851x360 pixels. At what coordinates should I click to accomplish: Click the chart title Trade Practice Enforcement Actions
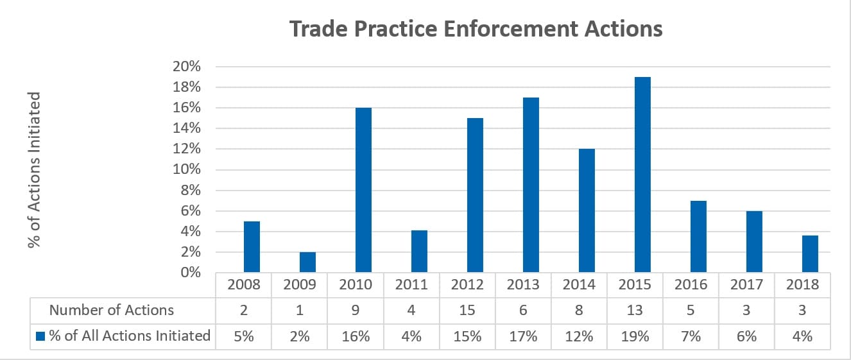pos(476,29)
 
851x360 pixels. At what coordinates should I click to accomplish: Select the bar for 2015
pos(643,175)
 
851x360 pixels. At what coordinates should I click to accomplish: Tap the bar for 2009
pos(307,262)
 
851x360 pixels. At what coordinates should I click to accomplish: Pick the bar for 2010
pos(364,190)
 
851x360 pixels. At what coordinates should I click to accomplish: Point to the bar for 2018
pos(811,253)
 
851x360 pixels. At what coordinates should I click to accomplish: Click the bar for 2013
pos(531,185)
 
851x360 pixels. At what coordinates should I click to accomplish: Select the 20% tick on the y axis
pos(187,67)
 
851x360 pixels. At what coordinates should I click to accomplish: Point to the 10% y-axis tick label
pos(187,169)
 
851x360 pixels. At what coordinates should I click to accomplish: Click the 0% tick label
pos(191,272)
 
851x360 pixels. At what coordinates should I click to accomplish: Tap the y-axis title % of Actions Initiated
pos(34,170)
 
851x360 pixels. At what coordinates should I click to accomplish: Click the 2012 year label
pos(467,284)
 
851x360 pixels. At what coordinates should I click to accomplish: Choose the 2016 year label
pos(691,284)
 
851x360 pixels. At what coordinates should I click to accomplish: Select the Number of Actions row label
pos(111,310)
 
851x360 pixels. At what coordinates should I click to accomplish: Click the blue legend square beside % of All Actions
pos(40,336)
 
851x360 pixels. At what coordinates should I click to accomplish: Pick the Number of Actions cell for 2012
pos(467,310)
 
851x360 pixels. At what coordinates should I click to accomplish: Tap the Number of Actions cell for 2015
pos(635,310)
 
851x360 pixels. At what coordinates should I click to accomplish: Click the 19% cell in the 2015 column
pos(635,336)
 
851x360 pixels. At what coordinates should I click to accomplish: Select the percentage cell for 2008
pos(243,336)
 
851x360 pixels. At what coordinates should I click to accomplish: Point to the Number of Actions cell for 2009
pos(300,310)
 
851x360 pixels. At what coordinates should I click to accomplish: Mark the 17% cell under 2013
pos(523,336)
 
